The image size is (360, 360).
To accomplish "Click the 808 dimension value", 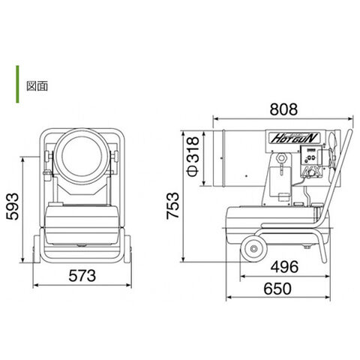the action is [283, 109].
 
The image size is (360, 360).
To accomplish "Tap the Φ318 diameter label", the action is [193, 157].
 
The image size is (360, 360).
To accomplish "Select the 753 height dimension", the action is [173, 206].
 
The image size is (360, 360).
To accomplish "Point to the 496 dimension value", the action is [284, 266].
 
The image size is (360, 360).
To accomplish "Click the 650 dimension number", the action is [277, 289].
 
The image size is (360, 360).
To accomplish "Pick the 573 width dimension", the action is [82, 275].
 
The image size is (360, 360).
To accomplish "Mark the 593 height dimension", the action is [13, 206].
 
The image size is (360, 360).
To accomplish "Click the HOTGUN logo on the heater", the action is [294, 138].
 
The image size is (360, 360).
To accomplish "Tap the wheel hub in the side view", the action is [254, 248].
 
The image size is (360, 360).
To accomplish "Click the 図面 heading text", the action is [37, 86].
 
